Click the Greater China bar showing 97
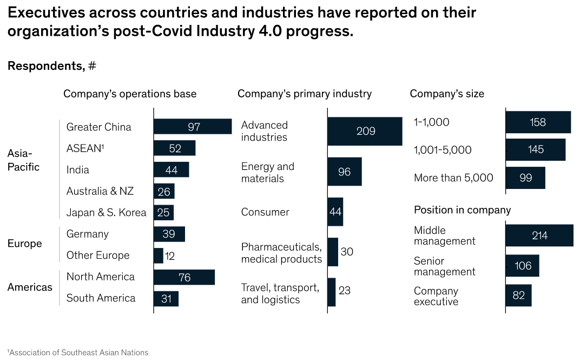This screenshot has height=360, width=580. tap(193, 127)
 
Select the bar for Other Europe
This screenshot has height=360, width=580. tap(159, 256)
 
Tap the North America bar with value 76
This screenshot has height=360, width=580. tap(184, 277)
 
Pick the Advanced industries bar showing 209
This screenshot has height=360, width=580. tap(365, 131)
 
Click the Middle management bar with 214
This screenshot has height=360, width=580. tap(539, 235)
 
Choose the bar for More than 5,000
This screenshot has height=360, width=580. tap(525, 178)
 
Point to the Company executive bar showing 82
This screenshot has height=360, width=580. tap(518, 296)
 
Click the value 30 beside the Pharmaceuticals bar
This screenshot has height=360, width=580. tap(347, 252)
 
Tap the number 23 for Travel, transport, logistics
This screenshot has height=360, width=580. tap(344, 291)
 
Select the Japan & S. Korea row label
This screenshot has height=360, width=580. tap(106, 213)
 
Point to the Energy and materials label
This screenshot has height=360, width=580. tap(268, 172)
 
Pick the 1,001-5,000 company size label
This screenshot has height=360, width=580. tap(443, 150)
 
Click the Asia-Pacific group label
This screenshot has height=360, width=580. tap(23, 160)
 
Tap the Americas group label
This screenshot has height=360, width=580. tap(30, 287)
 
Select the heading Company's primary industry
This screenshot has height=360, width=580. tap(305, 94)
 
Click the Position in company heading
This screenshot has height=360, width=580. tap(462, 210)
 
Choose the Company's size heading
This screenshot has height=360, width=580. tap(447, 94)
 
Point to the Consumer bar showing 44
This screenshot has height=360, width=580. tap(335, 212)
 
